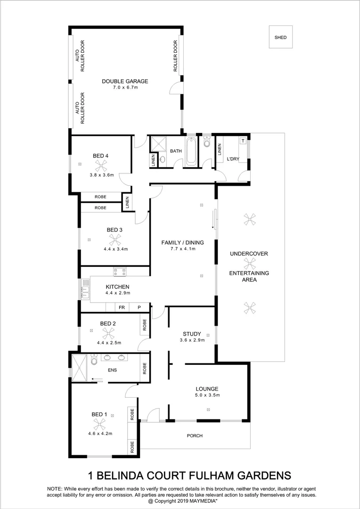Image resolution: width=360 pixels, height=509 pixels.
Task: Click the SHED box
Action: tap(280, 37)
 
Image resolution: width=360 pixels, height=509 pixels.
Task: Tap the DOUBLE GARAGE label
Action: tap(125, 82)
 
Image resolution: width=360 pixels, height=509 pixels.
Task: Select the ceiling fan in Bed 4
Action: tap(101, 165)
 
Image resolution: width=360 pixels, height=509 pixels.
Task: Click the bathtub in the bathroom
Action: tap(190, 151)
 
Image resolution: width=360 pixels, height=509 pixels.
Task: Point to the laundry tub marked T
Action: tap(243, 141)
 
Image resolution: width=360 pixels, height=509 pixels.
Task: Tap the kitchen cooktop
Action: tap(120, 271)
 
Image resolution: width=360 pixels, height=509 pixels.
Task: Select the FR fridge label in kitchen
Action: tap(122, 307)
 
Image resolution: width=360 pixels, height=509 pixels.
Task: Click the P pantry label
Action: tap(139, 307)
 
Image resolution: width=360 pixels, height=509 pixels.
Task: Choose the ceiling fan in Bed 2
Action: tap(108, 333)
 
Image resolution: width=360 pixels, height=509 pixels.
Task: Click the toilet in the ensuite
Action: tap(94, 361)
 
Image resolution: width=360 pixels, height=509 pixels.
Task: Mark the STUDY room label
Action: tap(192, 334)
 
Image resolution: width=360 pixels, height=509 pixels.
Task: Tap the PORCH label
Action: tap(195, 436)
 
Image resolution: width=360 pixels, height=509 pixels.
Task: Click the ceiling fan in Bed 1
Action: tap(99, 424)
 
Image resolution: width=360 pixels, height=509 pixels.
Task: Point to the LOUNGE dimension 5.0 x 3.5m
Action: tap(208, 395)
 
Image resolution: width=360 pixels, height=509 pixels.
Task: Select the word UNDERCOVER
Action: tap(249, 254)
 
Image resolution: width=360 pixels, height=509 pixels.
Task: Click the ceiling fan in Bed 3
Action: tap(113, 240)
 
